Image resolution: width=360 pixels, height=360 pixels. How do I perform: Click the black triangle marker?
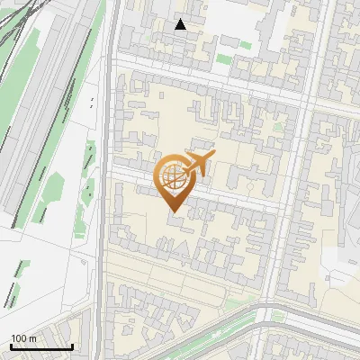click(x=181, y=24)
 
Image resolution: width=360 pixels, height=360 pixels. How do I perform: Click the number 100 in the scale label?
click(x=18, y=338)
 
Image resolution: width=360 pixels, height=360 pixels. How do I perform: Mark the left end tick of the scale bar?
click(x=11, y=346)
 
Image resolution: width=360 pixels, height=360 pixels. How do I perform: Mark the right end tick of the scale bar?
click(x=72, y=346)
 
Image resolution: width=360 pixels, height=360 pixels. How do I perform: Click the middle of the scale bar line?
click(x=41, y=347)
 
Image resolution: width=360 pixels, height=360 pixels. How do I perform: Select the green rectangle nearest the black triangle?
click(x=223, y=59)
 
